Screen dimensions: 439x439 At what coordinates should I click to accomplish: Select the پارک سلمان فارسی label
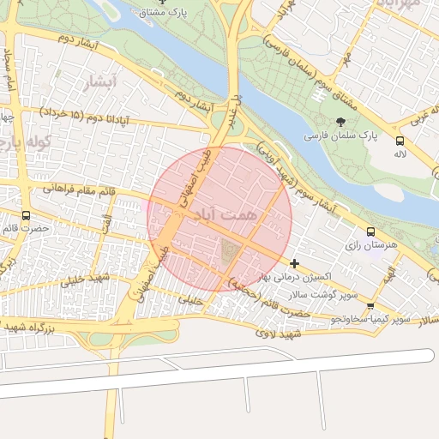click(x=341, y=136)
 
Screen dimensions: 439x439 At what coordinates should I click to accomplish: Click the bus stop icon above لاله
click(x=400, y=141)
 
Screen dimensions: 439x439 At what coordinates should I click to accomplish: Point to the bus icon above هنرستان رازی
click(x=370, y=232)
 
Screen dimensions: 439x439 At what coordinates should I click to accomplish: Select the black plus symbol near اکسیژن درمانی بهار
click(x=295, y=263)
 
